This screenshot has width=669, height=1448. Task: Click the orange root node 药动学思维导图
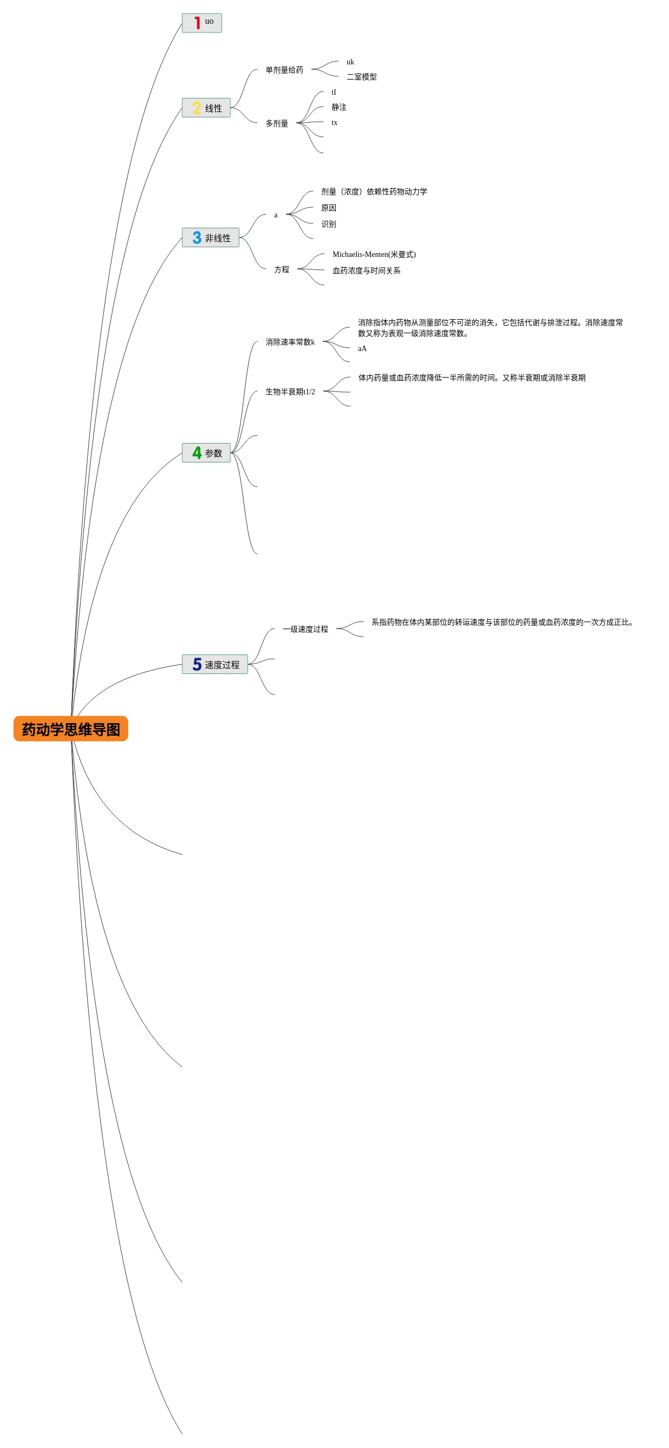coord(71,729)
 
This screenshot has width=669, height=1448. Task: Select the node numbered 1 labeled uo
coord(202,23)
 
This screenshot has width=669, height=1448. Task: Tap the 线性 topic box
coord(206,107)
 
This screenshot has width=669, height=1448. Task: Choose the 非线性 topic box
coord(210,237)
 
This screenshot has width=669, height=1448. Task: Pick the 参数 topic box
coord(206,453)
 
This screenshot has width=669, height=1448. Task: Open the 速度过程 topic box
coord(215,664)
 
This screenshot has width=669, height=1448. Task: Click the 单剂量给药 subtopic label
coord(284,70)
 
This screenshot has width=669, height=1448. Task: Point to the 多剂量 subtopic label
coord(276,123)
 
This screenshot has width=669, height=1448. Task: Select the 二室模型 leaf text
coord(361,76)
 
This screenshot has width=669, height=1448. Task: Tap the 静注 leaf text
coord(339,107)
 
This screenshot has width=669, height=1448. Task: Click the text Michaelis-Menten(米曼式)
coord(374,254)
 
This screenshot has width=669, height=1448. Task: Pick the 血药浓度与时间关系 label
coord(366,270)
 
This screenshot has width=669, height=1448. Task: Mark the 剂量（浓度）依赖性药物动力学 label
coord(374,191)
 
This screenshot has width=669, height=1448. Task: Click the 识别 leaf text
coord(328,224)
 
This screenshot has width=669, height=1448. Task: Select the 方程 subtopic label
coord(282,269)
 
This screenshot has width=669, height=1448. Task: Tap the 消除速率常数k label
coord(289,341)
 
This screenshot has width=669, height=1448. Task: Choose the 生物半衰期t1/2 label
coord(290,391)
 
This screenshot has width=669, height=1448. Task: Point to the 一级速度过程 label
coord(305,629)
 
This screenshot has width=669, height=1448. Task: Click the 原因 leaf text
coord(328,207)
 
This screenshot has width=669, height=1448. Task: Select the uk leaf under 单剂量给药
coord(350,62)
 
